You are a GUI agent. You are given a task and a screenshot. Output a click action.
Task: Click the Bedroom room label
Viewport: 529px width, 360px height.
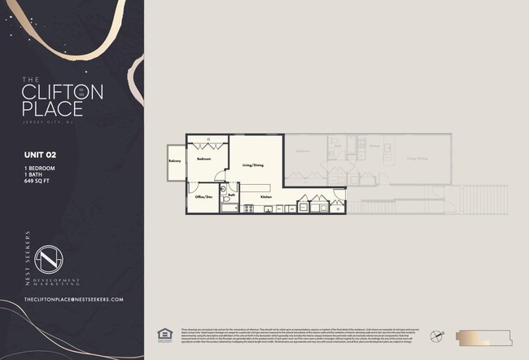pos(203,160)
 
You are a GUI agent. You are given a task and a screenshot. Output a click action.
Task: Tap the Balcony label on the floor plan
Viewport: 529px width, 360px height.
pos(175,161)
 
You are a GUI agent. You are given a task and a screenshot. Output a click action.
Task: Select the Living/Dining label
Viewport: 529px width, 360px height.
pos(252,165)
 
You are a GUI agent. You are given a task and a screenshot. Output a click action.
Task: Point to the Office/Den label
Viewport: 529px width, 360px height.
pos(203,197)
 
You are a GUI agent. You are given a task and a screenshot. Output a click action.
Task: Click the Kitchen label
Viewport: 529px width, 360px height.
pos(266,197)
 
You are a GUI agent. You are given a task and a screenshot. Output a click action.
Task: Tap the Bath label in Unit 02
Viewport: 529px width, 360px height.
pos(232,195)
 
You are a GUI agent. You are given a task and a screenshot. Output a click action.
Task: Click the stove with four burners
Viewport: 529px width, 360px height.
pos(247,209)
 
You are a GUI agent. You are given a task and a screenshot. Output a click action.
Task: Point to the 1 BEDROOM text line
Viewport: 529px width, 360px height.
pos(42,166)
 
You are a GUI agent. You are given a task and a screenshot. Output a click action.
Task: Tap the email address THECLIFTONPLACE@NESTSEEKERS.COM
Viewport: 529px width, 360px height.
pos(74,300)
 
